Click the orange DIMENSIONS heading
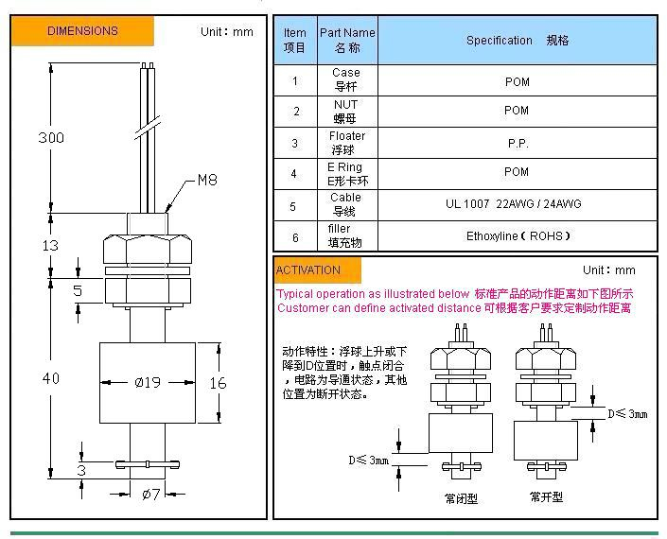click(82, 30)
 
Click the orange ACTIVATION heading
click(308, 270)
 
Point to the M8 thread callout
click(207, 180)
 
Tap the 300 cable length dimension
click(51, 138)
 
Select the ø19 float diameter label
click(148, 382)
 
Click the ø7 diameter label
click(150, 495)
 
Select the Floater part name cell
click(346, 143)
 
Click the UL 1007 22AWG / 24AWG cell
click(514, 204)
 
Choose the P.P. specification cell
click(518, 144)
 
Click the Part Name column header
click(346, 40)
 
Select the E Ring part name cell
click(346, 174)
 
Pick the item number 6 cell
click(294, 236)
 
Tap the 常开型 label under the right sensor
click(546, 497)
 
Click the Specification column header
click(518, 41)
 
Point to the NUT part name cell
click(346, 112)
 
